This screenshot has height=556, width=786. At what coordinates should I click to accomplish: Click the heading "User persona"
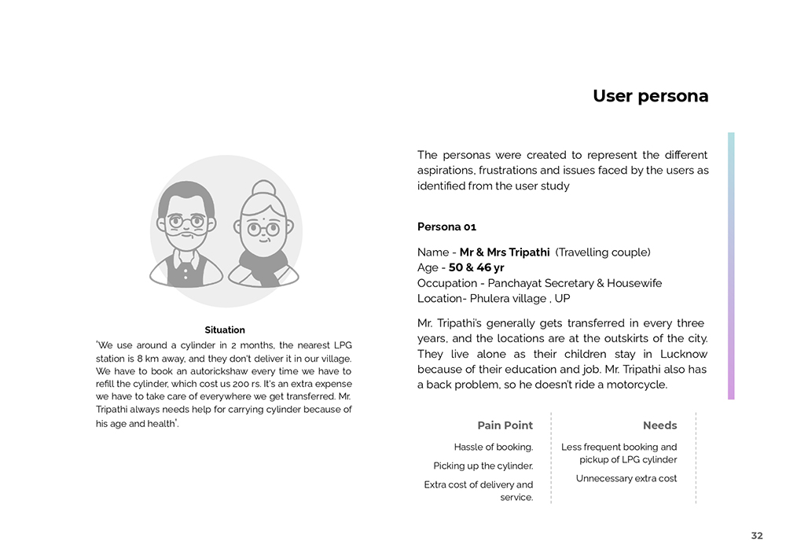tap(650, 97)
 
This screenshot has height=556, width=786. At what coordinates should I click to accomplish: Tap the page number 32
tap(756, 536)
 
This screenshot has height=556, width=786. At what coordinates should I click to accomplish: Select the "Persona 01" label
tap(446, 227)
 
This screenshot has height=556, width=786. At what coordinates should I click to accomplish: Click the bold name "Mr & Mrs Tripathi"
tap(505, 252)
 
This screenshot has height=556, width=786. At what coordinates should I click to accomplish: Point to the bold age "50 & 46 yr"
tap(476, 267)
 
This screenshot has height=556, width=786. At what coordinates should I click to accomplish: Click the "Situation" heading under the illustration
tap(225, 330)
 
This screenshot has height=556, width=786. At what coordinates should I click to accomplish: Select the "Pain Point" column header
tap(505, 425)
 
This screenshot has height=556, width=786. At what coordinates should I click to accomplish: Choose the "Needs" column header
tap(659, 425)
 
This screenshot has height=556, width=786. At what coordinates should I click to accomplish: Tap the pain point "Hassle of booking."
tap(494, 447)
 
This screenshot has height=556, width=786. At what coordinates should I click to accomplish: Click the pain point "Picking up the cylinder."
tap(483, 466)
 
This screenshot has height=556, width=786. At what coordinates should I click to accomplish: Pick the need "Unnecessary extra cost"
tap(626, 478)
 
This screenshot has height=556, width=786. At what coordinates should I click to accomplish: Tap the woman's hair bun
tap(263, 190)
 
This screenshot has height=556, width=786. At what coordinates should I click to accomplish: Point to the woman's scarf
tap(263, 263)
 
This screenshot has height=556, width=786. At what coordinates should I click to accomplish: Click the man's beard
tap(187, 241)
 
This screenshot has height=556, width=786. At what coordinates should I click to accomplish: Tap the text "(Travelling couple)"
tap(603, 252)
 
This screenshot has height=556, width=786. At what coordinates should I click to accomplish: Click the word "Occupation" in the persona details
tap(446, 283)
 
